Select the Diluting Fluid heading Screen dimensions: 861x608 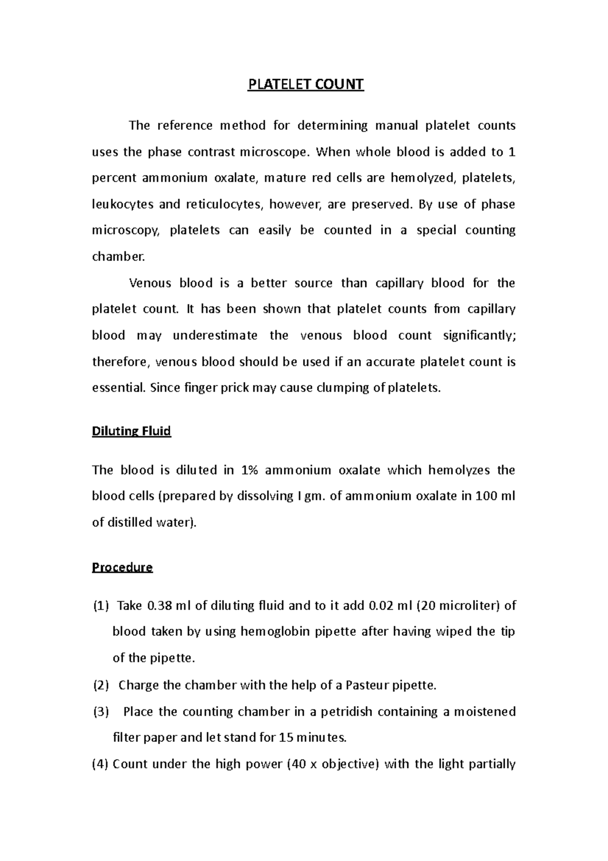(x=131, y=431)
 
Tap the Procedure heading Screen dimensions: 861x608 (x=122, y=567)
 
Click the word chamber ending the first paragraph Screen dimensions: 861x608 (x=118, y=257)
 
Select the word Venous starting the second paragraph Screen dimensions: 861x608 (x=150, y=283)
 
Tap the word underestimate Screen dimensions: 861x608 (x=215, y=335)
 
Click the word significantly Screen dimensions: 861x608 (x=479, y=335)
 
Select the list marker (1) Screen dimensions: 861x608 (x=100, y=605)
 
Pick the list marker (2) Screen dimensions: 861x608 (x=100, y=685)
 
